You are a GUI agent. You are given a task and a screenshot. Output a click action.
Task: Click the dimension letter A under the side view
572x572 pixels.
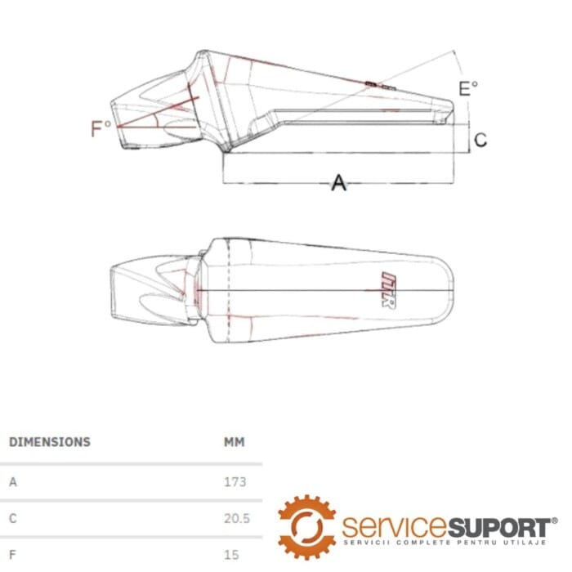(339, 182)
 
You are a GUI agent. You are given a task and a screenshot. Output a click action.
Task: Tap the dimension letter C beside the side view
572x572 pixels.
(480, 140)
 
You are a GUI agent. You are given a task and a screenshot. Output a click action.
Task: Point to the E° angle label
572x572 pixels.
(468, 88)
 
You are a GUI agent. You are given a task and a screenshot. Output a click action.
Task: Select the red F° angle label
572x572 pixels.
(101, 128)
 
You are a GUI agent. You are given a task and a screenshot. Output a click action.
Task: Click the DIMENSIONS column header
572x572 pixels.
(50, 442)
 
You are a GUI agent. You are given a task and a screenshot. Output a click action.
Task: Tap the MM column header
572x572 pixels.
(235, 442)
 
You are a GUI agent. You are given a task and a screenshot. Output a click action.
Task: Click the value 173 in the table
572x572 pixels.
(235, 482)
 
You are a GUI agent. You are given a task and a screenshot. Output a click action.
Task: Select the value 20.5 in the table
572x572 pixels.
(237, 518)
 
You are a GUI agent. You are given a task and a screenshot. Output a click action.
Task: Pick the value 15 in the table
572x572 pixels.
(231, 555)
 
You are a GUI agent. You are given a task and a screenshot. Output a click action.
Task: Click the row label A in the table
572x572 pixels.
(13, 482)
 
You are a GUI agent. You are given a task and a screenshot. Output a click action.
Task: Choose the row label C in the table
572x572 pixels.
(13, 518)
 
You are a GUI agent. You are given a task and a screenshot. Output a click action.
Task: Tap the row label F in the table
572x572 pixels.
(12, 555)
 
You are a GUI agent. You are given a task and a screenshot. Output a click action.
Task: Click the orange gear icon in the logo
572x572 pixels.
(306, 527)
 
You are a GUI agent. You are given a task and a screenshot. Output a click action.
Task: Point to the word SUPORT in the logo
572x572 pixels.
(500, 528)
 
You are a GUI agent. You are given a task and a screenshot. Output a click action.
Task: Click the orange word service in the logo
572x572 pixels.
(395, 528)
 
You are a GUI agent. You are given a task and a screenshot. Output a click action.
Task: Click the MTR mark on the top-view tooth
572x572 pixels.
(389, 290)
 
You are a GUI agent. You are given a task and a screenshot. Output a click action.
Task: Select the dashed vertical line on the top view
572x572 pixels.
(230, 290)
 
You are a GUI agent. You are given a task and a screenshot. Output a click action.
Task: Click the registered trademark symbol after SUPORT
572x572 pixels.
(555, 521)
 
